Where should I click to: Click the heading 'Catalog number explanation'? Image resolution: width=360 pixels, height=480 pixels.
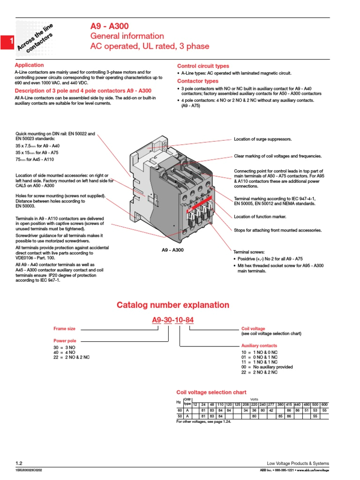point(173,305)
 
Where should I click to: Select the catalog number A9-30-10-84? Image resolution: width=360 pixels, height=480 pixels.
point(173,321)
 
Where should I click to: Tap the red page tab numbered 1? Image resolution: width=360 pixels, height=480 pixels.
point(7,43)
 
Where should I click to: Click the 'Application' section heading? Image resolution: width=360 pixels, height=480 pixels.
point(29,65)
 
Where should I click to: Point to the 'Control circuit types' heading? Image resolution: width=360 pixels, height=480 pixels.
point(203,66)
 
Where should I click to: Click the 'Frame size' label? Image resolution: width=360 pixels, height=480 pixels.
point(64,329)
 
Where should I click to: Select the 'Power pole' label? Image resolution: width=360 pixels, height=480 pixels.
point(65,341)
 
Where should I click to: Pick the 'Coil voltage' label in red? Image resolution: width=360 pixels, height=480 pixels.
point(253,329)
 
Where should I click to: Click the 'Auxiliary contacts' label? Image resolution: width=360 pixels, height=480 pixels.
point(259,345)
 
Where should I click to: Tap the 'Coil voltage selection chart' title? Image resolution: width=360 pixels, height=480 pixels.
point(211,392)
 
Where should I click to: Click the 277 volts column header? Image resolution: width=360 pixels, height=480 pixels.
point(271,404)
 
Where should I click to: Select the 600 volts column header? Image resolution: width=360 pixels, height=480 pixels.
point(324,404)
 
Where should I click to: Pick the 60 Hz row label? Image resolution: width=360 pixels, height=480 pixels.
point(179,410)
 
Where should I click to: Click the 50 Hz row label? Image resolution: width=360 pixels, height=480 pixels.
point(179,415)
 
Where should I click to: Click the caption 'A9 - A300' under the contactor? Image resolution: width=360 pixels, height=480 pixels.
point(172,250)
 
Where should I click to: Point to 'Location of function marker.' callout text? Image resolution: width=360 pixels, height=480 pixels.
point(260,217)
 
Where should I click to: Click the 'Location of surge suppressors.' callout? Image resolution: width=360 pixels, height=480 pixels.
point(262,139)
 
